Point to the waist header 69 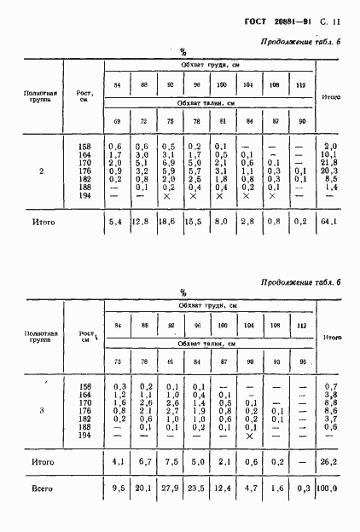(116, 122)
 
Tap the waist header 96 (299, 360)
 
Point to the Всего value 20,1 (142, 514)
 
